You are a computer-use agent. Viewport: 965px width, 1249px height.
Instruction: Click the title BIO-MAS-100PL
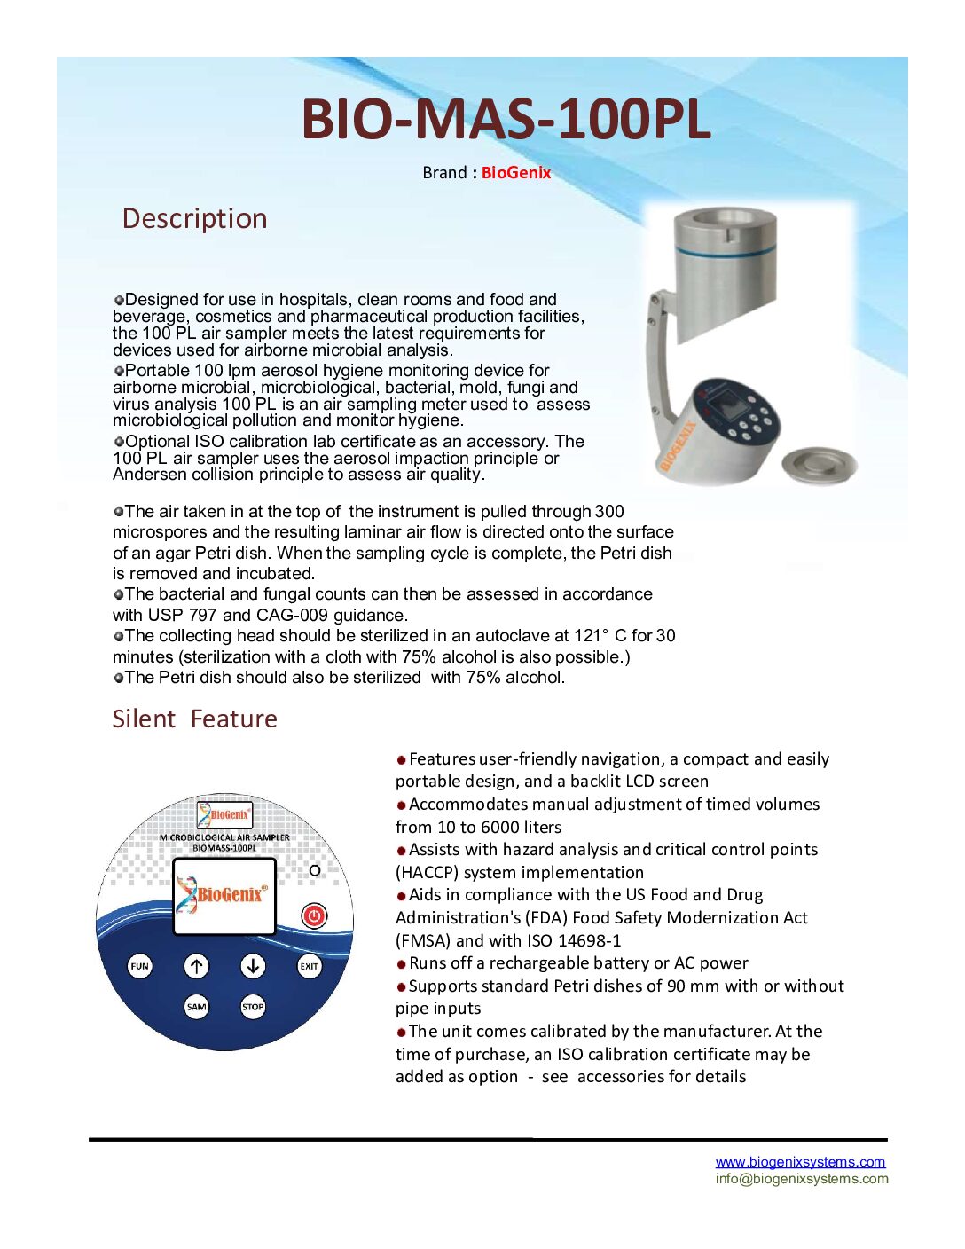point(506,119)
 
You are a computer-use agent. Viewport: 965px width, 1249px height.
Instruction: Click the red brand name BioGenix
point(516,173)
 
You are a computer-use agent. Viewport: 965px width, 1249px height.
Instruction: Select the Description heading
point(194,219)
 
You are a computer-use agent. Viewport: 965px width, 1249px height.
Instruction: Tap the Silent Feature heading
point(194,719)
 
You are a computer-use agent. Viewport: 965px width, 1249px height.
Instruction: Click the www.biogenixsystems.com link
point(800,1162)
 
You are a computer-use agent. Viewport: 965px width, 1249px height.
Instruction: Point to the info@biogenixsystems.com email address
point(802,1179)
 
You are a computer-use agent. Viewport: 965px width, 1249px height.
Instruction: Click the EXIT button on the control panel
point(309,966)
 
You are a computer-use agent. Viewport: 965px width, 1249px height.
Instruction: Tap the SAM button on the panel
point(196,1007)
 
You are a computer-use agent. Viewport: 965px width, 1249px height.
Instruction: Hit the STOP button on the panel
point(253,1007)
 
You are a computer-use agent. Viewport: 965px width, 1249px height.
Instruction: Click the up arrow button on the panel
point(196,966)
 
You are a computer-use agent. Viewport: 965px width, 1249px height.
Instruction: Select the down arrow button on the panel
point(253,966)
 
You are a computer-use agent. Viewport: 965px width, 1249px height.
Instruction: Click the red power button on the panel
point(314,915)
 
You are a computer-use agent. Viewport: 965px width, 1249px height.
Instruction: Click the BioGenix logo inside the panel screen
point(223,894)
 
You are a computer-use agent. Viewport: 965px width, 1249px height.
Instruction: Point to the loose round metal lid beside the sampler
point(819,464)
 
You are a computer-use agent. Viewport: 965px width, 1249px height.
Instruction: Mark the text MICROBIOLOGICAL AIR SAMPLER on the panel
point(224,837)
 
